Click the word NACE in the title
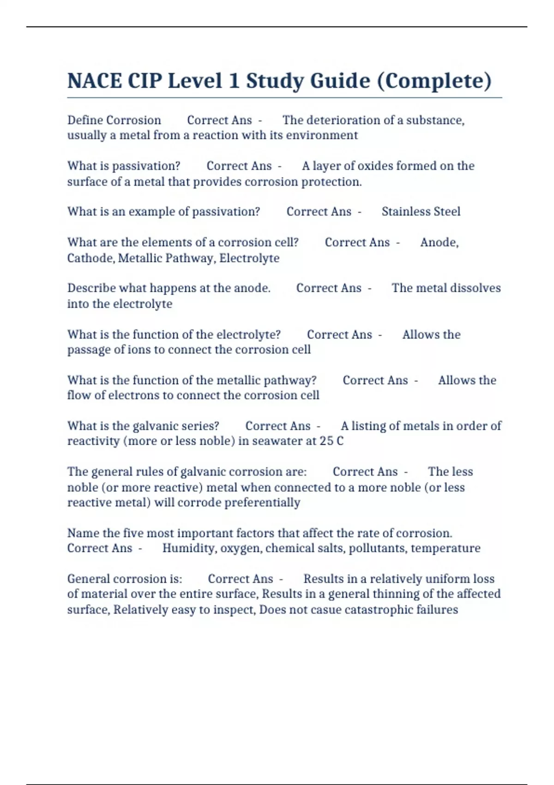point(94,81)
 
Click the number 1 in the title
point(234,81)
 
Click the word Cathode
point(90,258)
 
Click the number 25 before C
point(326,441)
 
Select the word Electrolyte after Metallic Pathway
point(249,258)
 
